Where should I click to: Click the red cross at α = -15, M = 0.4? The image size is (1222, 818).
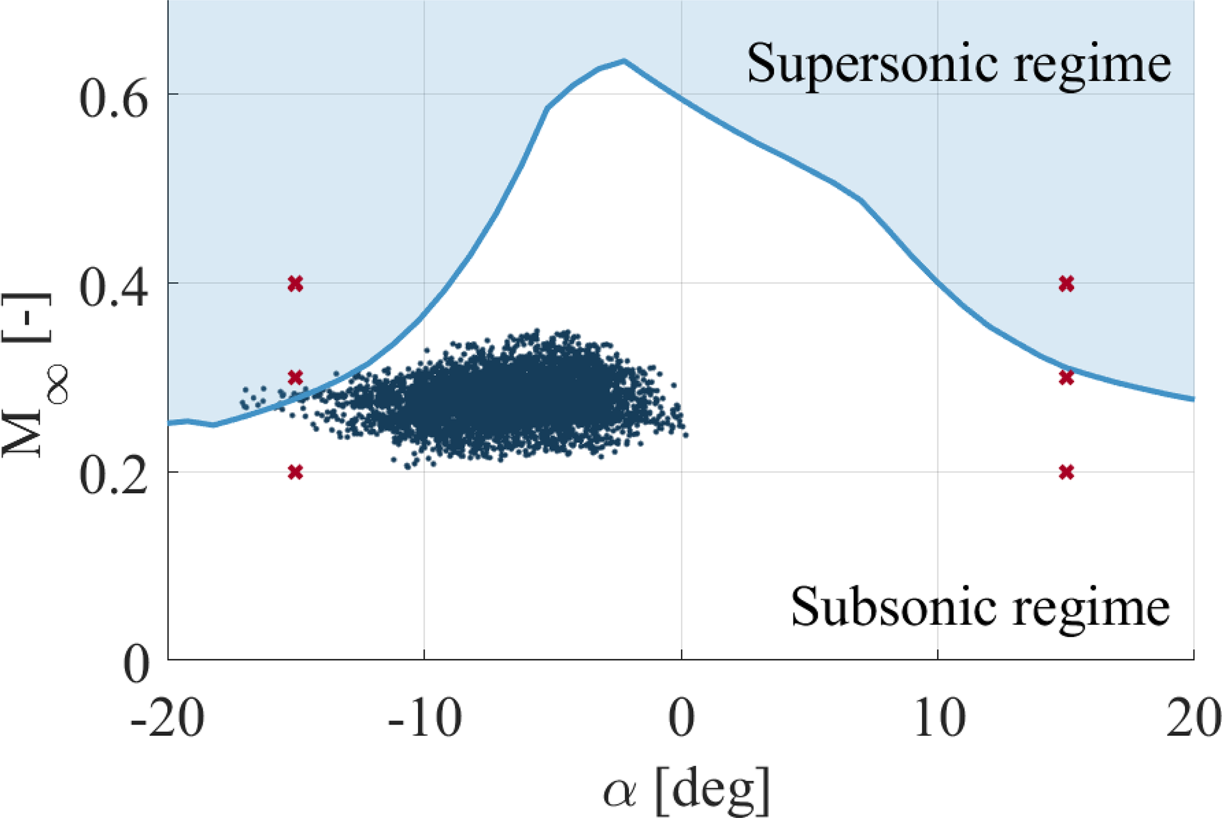point(296,284)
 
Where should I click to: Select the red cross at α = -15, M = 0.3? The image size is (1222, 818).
point(296,378)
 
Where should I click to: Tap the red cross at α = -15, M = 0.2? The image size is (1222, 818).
point(296,472)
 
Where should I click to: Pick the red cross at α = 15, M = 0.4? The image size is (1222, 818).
point(1066,284)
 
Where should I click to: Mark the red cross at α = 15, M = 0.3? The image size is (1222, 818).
point(1066,378)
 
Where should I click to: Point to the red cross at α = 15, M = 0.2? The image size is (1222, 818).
point(1066,472)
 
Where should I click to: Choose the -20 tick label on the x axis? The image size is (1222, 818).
point(167,718)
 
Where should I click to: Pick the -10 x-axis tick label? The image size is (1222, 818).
point(424,718)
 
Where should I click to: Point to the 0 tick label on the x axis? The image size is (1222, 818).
point(682,718)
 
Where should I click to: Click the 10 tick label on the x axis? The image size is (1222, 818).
point(939,718)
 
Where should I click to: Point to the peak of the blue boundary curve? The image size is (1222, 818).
point(624,60)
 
